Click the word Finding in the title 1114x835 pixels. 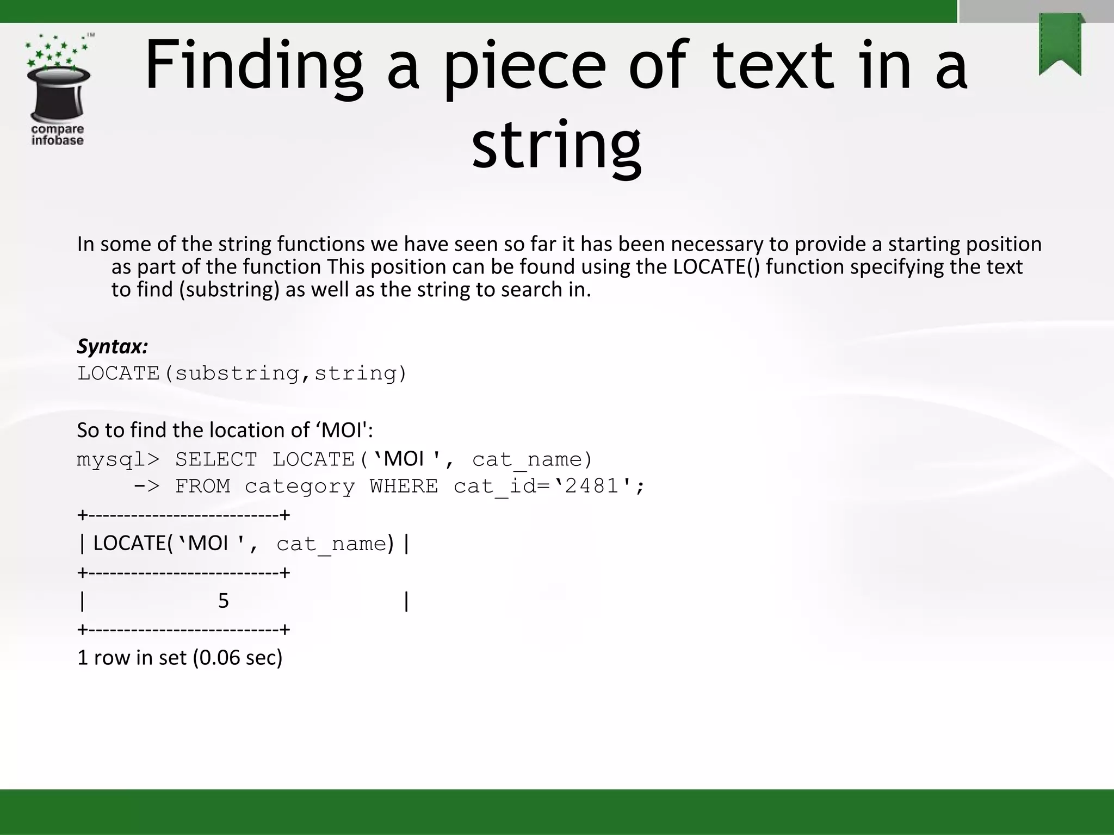point(253,66)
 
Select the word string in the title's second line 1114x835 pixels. point(556,146)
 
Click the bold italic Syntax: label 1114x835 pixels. point(113,346)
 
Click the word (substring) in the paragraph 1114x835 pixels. point(229,290)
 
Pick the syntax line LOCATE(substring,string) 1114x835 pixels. point(242,373)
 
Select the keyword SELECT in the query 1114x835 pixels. point(216,460)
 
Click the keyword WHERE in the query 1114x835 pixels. point(404,486)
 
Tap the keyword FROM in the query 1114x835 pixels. point(202,486)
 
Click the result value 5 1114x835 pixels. point(223,601)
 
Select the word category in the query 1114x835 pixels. point(300,486)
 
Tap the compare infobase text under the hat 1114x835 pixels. point(57,135)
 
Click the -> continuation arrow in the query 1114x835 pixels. point(147,486)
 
